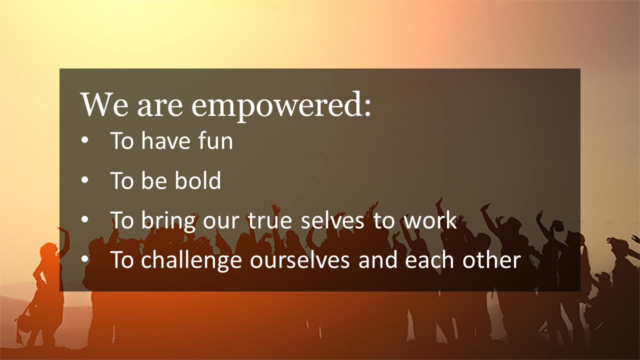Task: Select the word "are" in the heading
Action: point(159,107)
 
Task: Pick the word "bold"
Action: point(197,180)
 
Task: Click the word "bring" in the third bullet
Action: point(168,221)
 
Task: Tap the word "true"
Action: point(270,220)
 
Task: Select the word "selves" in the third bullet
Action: point(332,220)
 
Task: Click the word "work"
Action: point(429,220)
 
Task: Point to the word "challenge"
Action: point(191,261)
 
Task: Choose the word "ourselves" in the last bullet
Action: point(299,260)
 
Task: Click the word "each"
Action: point(429,260)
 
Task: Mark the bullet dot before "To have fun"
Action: point(84,140)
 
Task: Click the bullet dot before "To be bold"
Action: point(84,180)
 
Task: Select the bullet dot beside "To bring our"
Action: point(84,219)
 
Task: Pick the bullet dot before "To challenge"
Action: point(84,259)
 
